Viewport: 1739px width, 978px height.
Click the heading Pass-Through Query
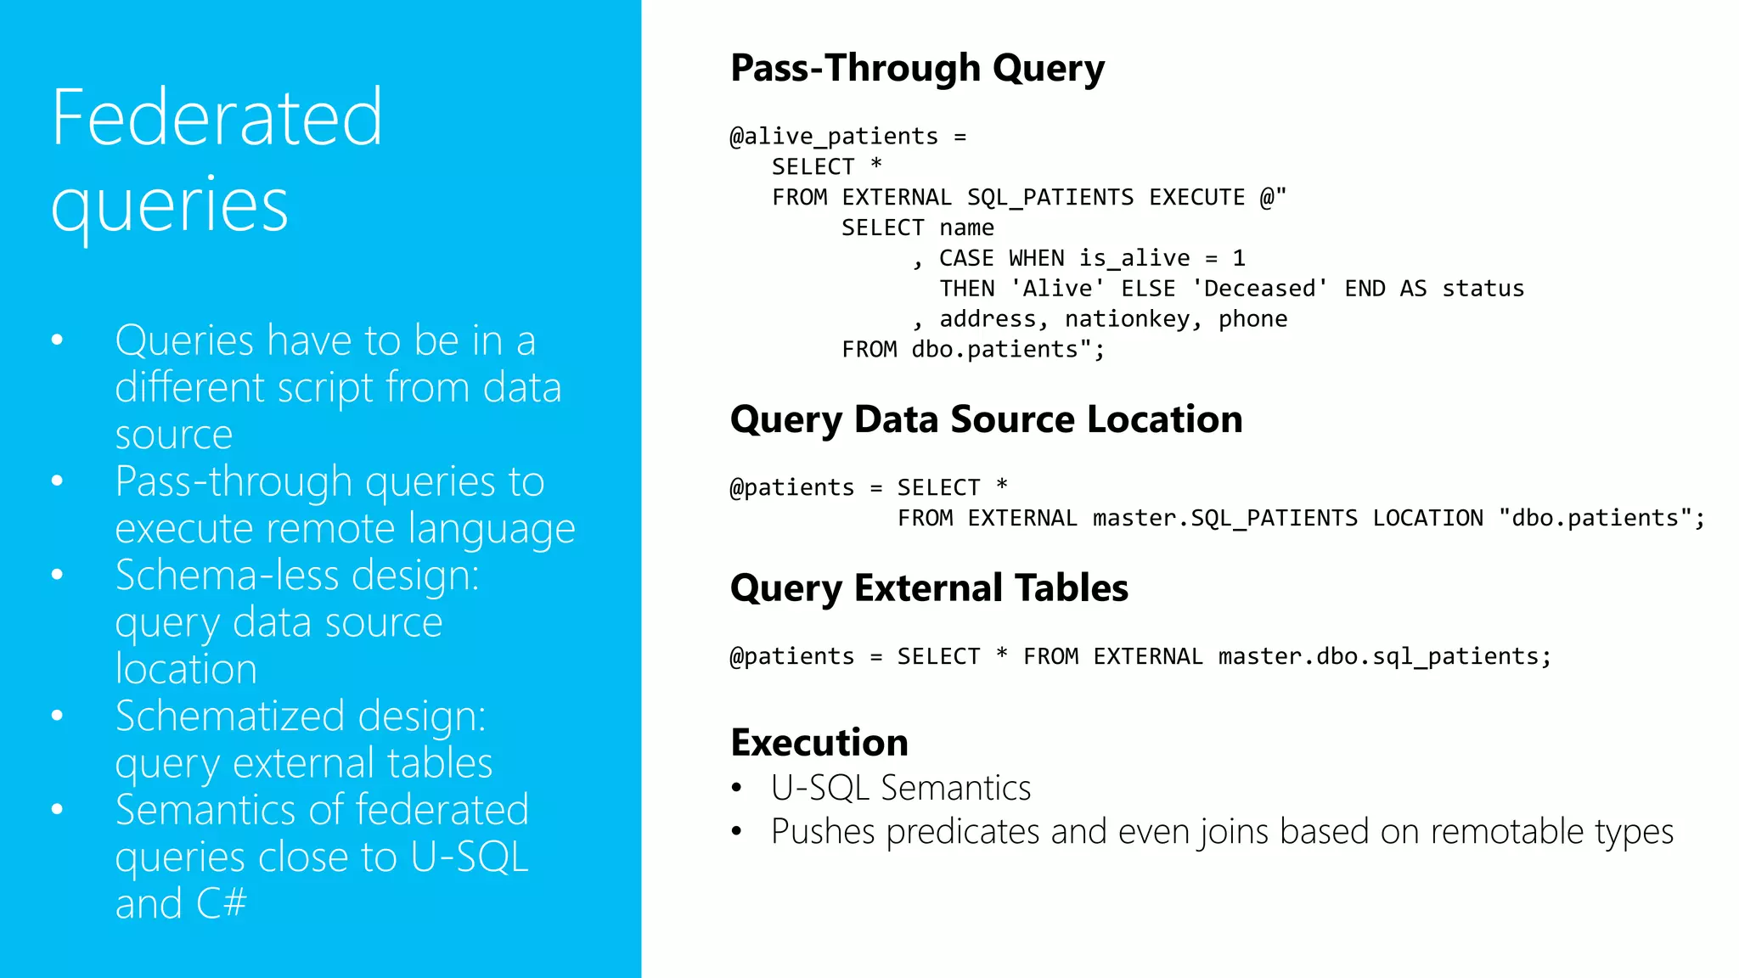(917, 68)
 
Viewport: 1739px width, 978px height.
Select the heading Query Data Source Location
(986, 419)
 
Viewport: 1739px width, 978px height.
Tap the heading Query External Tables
(929, 587)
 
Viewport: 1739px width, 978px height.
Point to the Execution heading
(819, 742)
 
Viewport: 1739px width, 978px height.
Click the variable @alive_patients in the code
(833, 137)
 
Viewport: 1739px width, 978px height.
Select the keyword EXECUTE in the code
(1196, 198)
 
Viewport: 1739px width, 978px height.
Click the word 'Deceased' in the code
(1260, 289)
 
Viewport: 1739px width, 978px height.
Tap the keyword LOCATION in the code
(1427, 518)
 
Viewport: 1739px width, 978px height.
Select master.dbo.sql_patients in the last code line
(1379, 656)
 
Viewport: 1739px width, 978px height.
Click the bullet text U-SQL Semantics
(901, 788)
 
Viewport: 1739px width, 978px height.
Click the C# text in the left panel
(221, 903)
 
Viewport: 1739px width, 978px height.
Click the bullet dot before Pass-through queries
(57, 481)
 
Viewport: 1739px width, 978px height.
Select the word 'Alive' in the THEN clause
(1057, 289)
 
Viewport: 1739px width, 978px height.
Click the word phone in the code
(1252, 319)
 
